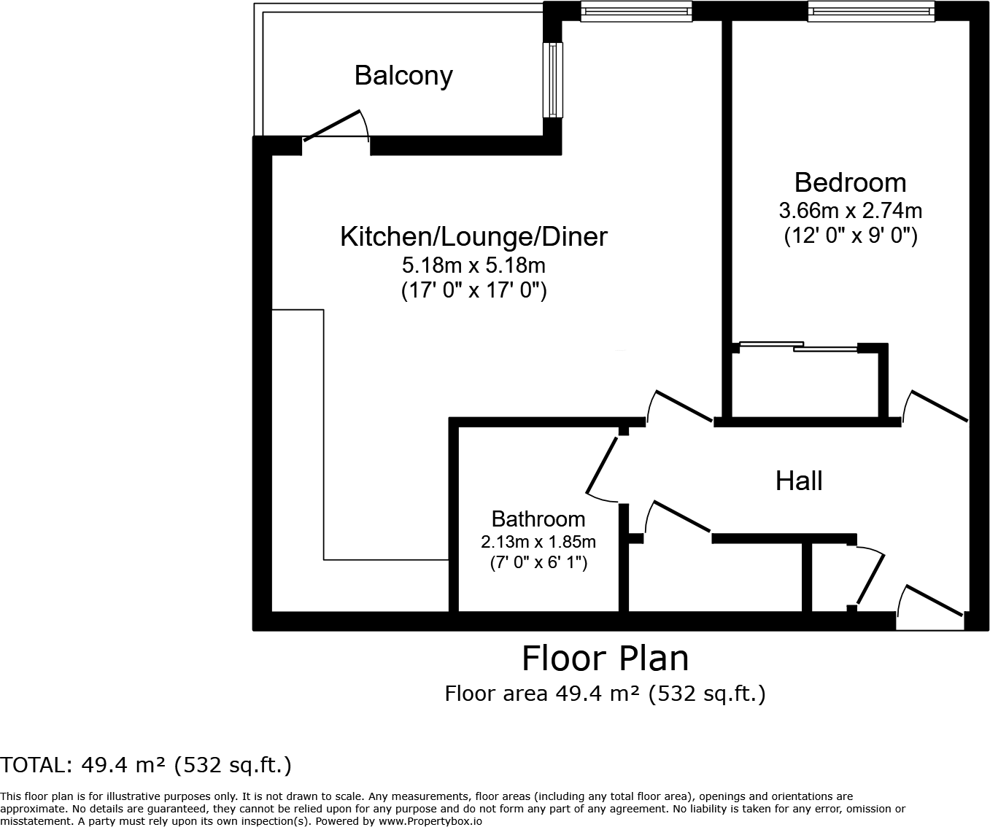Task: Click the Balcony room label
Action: [403, 76]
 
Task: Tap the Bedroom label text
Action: [850, 182]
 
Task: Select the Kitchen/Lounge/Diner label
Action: [473, 237]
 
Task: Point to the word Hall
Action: [799, 481]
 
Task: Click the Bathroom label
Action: [538, 519]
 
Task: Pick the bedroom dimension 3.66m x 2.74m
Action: [850, 211]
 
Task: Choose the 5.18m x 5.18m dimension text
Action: [473, 265]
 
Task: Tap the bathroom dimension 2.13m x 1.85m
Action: [538, 542]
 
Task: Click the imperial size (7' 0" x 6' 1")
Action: [538, 563]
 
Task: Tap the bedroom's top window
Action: [870, 11]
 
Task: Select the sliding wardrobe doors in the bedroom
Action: [799, 346]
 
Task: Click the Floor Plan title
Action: [605, 659]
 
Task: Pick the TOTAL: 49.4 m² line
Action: [146, 765]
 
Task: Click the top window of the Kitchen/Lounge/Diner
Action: [636, 11]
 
